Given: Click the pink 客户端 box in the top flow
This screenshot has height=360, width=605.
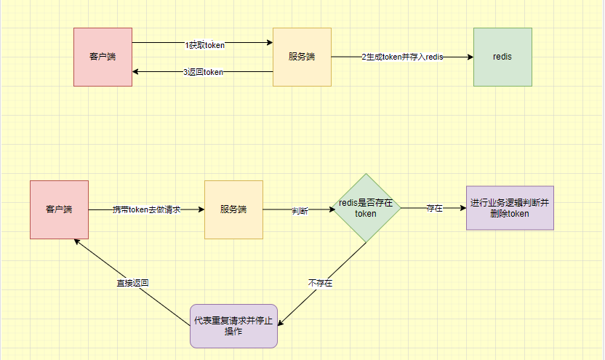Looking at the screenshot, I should point(103,57).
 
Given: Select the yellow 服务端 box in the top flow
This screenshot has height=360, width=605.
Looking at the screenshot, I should point(302,57).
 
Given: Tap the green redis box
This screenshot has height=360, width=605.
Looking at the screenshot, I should point(502,57).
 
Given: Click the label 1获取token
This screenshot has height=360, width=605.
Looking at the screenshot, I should point(204,45).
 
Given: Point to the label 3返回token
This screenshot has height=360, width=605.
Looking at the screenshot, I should point(203,72).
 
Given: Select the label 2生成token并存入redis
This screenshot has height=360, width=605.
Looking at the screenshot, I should point(402,57).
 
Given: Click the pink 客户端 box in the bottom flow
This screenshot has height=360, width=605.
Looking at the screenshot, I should point(59,209).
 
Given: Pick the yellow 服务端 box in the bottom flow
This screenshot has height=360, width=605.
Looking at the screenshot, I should point(233,209).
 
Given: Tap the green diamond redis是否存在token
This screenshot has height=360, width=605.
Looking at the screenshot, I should point(366,208).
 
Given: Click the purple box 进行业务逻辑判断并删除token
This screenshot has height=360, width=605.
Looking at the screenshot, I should point(510,208).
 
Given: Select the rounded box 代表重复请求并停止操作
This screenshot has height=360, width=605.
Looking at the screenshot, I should point(233,326).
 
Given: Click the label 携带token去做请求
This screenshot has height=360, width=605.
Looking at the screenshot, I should point(146,209).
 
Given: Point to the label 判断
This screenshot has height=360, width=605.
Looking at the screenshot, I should point(300,211).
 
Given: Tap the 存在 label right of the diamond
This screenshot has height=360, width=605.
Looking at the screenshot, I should point(435,208).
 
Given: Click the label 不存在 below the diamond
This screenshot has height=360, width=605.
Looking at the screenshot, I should point(321,283).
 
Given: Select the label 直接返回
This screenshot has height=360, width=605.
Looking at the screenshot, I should point(132,283).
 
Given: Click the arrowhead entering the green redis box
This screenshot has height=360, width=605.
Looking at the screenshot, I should point(469,57).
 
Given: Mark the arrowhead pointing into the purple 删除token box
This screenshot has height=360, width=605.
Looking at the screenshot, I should point(462,208).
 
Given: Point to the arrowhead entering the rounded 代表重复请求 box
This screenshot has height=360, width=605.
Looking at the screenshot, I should point(281,324).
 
